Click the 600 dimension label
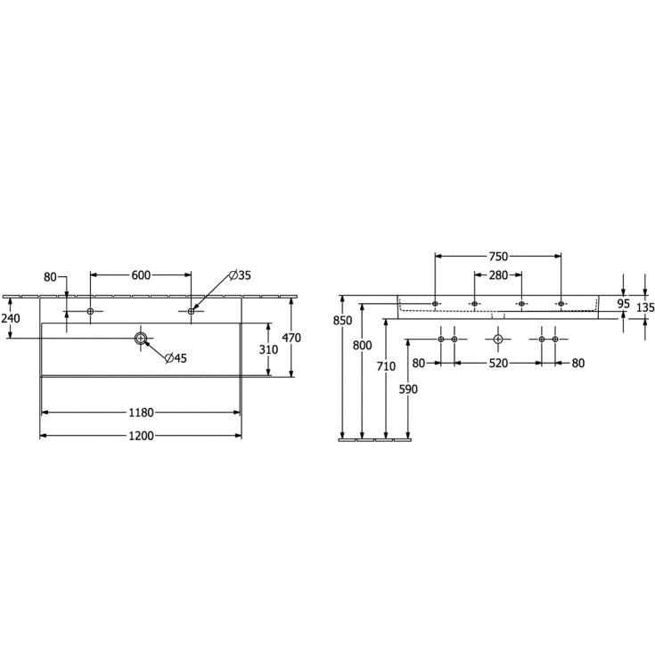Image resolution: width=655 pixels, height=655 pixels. click(141, 275)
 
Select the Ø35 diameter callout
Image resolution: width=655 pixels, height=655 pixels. click(240, 275)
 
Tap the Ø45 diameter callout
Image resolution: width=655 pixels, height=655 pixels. click(176, 358)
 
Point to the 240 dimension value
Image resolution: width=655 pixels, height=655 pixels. click(11, 318)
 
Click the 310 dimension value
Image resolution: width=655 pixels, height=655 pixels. click(268, 350)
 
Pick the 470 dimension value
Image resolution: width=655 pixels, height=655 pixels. click(291, 338)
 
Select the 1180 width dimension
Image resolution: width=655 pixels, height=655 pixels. click(141, 413)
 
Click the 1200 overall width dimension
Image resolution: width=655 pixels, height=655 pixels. click(141, 436)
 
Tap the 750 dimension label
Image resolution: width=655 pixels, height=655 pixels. click(498, 256)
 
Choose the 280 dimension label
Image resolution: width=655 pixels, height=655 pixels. click(498, 275)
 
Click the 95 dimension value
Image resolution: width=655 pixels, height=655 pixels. click(624, 303)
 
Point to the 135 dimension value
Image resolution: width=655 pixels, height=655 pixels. click(645, 307)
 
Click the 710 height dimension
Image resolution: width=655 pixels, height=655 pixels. click(385, 365)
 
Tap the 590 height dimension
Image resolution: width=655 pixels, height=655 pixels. click(406, 389)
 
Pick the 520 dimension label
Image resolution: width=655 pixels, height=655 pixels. click(498, 363)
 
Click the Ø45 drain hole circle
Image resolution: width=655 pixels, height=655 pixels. click(140, 338)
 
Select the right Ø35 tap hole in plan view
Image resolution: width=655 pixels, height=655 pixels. click(191, 310)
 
